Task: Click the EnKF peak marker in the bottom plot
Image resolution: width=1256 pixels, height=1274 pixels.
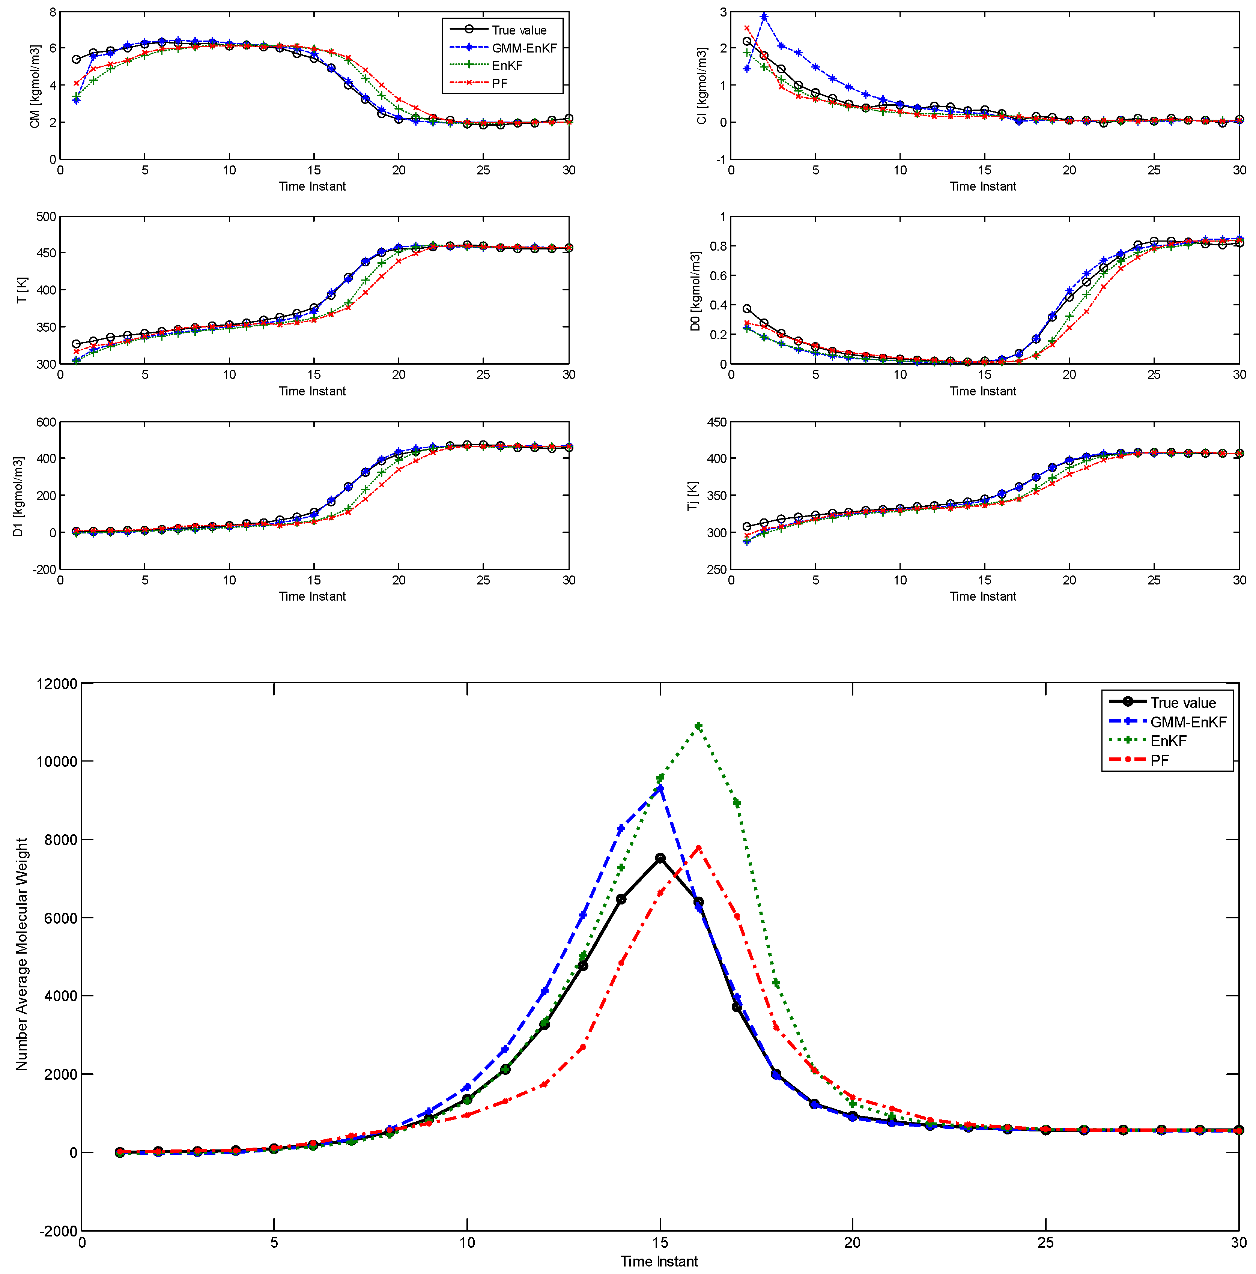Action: (x=699, y=726)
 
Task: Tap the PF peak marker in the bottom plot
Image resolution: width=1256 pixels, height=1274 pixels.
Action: (x=699, y=848)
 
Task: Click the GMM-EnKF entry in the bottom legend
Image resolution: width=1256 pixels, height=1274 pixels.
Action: (x=1187, y=722)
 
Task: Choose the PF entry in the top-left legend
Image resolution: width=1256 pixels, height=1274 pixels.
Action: (x=499, y=83)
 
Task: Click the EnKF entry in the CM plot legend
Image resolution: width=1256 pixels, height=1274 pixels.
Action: (x=507, y=65)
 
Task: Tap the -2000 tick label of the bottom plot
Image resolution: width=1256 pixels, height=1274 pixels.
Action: (x=59, y=1231)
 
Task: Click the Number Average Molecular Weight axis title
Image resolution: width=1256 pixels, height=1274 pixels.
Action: (x=22, y=954)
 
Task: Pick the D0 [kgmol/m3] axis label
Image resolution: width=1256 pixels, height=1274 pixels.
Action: (x=695, y=291)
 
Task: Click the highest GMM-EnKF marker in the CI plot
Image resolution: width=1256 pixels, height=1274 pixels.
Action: (x=764, y=17)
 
